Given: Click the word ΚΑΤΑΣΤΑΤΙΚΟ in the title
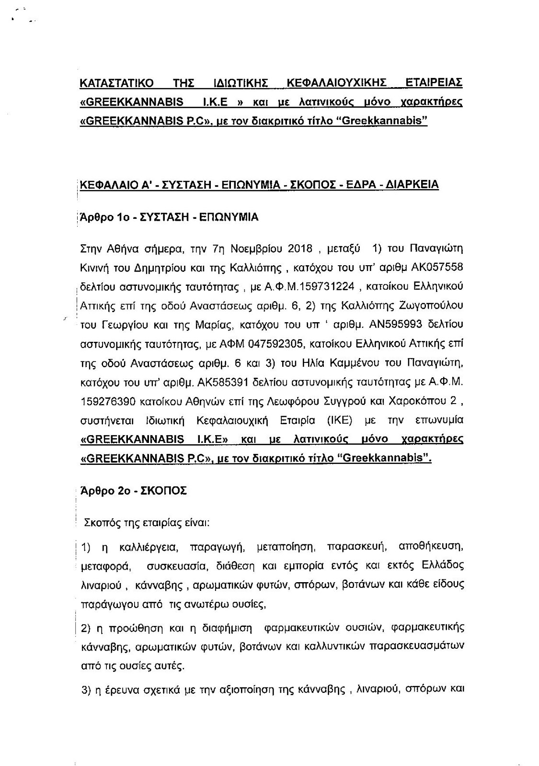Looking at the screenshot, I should click(x=117, y=82).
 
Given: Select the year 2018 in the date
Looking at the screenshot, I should click(x=300, y=248).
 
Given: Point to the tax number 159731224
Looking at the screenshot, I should click(x=326, y=286).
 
